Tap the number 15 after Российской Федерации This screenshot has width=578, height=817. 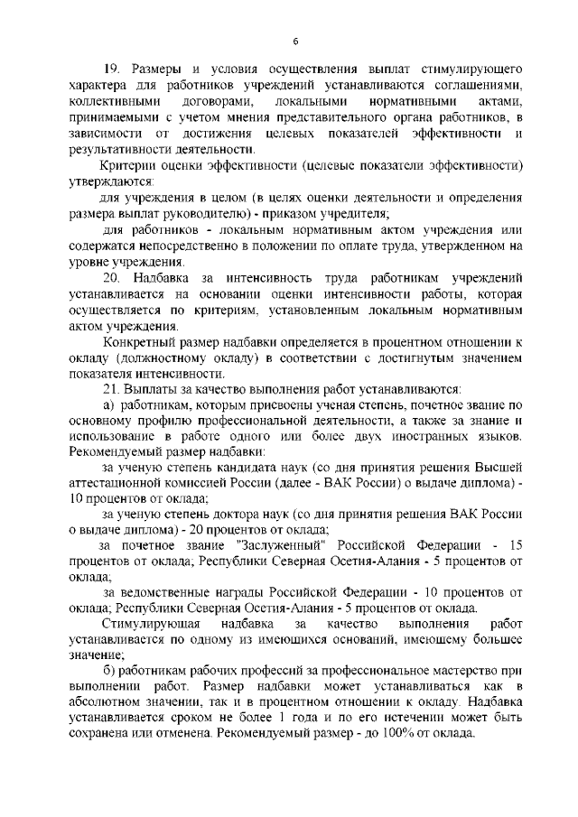click(516, 546)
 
